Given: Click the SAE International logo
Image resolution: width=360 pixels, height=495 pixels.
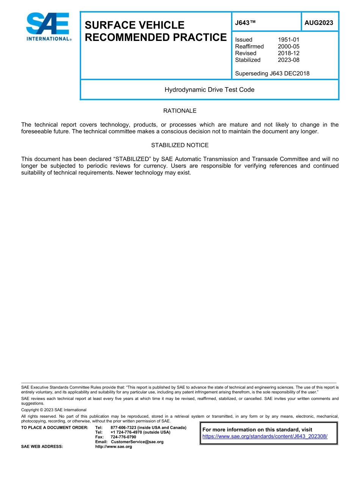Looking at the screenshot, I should click(48, 27).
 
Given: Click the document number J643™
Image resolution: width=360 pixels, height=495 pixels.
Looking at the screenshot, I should click(245, 23).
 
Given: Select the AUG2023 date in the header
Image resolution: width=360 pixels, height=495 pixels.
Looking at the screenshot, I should click(319, 23).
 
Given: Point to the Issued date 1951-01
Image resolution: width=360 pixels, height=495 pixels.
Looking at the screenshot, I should click(288, 40).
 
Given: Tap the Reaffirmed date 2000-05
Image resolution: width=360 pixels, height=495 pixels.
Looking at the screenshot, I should click(288, 47).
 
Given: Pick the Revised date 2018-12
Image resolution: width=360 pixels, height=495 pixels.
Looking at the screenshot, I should click(288, 53).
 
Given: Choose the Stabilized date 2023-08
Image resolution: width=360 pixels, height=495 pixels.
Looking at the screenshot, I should click(288, 60).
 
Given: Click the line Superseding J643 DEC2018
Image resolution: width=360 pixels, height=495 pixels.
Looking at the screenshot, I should click(272, 74).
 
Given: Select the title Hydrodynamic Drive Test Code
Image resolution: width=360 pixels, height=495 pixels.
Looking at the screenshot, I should click(209, 90).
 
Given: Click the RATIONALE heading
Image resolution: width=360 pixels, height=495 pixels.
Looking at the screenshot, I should click(180, 111).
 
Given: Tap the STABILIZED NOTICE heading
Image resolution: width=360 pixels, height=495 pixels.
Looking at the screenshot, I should click(180, 145).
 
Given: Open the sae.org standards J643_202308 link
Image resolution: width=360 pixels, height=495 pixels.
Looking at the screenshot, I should click(265, 436).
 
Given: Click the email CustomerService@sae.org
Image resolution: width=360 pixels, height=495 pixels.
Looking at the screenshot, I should click(137, 442).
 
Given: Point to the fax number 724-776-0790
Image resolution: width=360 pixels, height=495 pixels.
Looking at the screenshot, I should click(123, 437).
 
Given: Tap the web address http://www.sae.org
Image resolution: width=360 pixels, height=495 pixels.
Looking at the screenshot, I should click(114, 446).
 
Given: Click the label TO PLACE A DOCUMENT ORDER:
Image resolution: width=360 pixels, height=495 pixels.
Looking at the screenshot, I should click(55, 428).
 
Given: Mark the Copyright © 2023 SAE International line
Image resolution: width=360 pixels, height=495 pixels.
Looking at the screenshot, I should click(54, 410).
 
